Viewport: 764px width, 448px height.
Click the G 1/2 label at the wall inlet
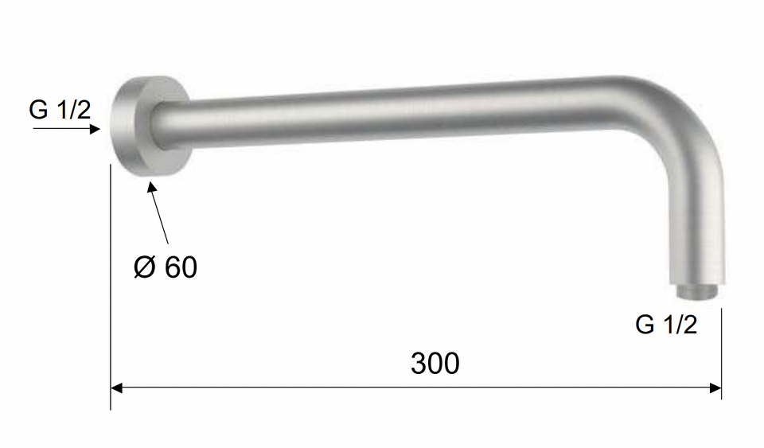(60, 110)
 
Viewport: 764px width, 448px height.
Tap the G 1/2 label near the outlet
(666, 325)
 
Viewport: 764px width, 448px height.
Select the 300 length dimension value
(435, 364)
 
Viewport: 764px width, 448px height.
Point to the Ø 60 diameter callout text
(166, 267)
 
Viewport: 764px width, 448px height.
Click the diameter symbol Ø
(145, 267)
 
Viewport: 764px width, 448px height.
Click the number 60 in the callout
(181, 267)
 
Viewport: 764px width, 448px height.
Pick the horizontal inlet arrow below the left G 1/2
(67, 129)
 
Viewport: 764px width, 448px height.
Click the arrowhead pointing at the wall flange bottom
(152, 188)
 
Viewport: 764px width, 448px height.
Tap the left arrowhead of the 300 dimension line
(116, 388)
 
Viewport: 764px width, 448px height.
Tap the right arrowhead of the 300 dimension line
(715, 388)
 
